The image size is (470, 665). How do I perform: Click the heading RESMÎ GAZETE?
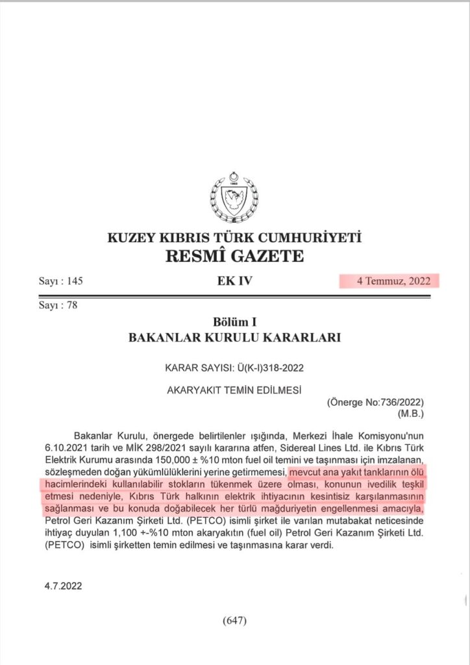[x=234, y=256]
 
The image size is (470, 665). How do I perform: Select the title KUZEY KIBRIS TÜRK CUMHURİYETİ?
[x=234, y=238]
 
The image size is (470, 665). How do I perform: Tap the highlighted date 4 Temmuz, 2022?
[x=389, y=281]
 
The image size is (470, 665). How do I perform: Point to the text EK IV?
[x=234, y=281]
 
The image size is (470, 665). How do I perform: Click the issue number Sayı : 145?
[x=61, y=281]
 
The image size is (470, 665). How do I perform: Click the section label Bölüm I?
[x=234, y=322]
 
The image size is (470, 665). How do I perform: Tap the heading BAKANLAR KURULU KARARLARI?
[x=234, y=338]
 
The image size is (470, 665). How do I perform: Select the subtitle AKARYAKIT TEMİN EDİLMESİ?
[x=234, y=390]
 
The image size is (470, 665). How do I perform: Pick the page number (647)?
[x=234, y=620]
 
